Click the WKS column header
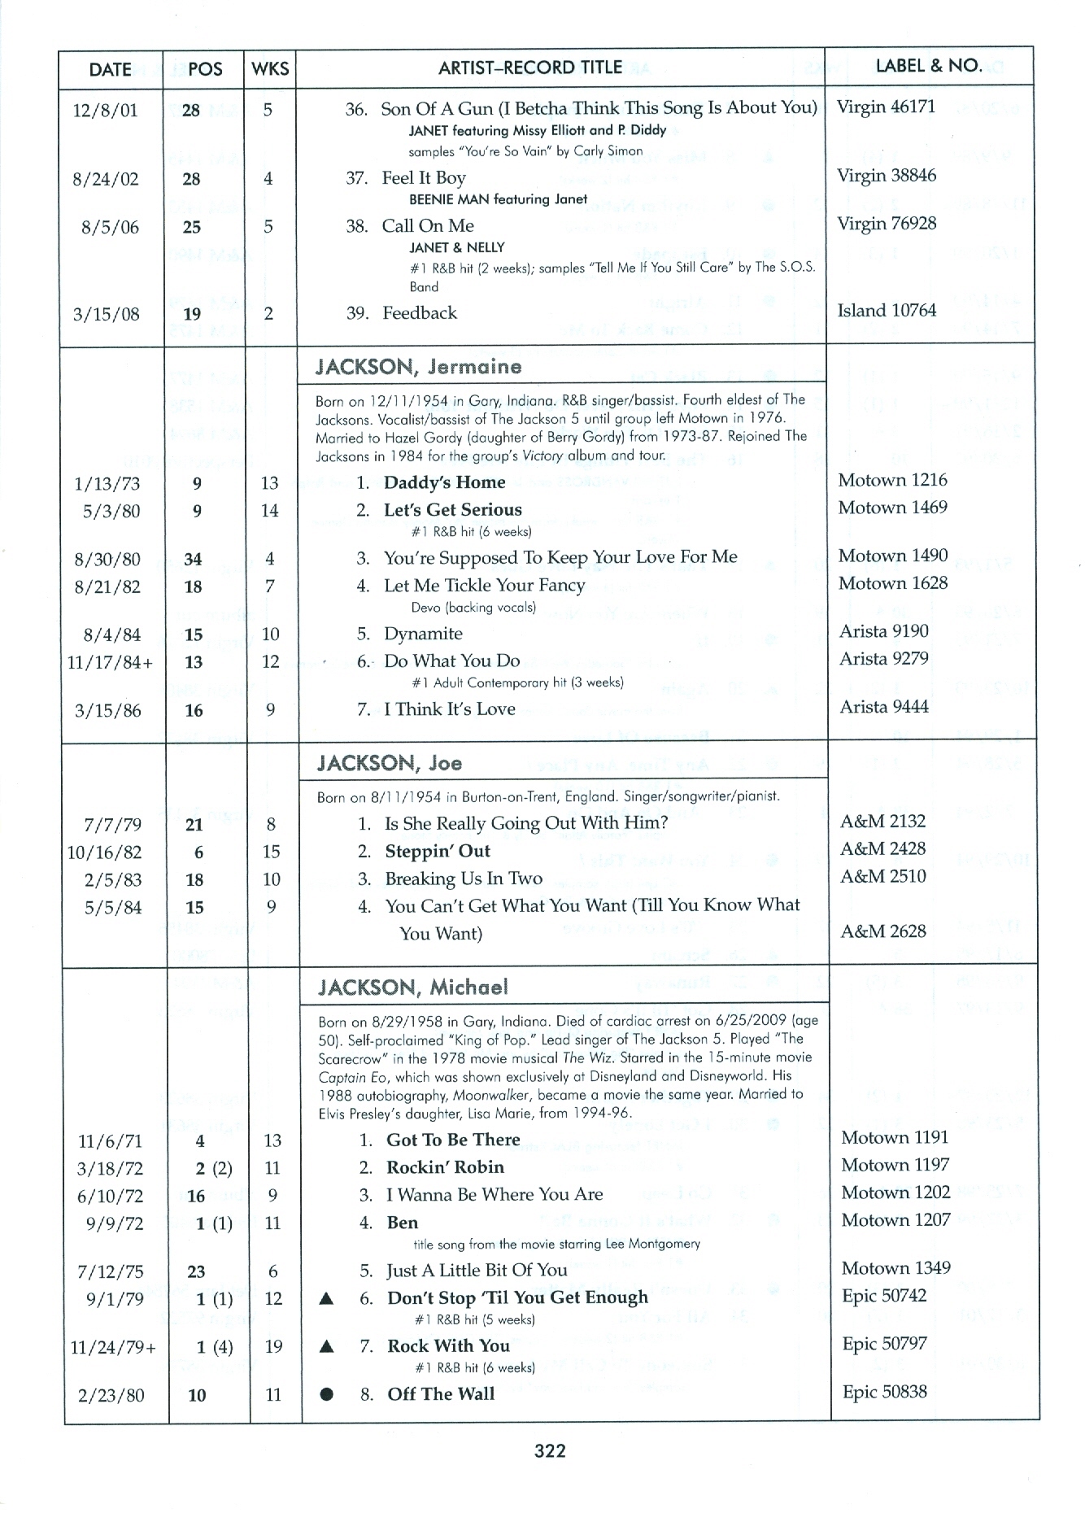270,69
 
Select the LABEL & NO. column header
928,66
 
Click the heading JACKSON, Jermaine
418,367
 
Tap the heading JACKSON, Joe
390,763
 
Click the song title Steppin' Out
438,852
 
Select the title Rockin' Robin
445,1167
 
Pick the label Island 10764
887,311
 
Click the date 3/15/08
106,314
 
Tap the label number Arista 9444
883,707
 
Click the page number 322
549,1450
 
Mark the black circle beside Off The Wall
327,1394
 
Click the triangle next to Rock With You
327,1347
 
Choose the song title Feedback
420,313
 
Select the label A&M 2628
883,931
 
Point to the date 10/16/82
104,852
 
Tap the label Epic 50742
884,1296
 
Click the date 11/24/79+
113,1348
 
